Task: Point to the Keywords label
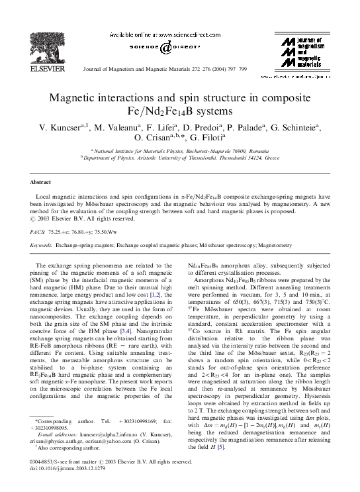[x=43, y=245]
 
